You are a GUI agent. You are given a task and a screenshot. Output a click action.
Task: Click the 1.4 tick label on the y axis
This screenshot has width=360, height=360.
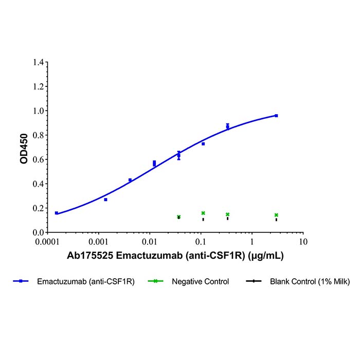tap(38, 62)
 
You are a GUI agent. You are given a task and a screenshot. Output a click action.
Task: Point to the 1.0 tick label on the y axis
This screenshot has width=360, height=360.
tap(38, 111)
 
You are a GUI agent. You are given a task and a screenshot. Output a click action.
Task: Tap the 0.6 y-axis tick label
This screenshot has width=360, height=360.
tap(38, 159)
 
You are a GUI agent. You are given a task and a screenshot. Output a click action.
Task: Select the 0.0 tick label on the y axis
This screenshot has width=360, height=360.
tap(38, 232)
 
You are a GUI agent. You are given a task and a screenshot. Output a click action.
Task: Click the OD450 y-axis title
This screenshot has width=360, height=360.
tap(24, 150)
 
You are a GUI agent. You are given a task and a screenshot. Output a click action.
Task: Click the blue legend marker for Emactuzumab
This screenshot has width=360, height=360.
tap(21, 281)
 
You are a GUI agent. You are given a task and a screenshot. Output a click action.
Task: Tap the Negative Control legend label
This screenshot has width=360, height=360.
tap(201, 281)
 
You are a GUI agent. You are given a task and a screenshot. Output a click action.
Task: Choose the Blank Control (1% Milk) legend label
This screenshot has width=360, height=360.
tap(310, 281)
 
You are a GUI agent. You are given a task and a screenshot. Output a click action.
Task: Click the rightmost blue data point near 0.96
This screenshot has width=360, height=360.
tap(276, 116)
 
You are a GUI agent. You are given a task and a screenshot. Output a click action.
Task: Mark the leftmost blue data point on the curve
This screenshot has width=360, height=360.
tap(56, 213)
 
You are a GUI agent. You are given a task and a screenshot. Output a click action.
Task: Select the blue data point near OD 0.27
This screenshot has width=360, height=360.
tap(105, 200)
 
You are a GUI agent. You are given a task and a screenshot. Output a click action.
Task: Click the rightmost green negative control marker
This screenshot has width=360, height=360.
tap(276, 215)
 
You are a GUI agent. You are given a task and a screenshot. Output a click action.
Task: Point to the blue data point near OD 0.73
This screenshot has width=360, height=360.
tap(203, 144)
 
